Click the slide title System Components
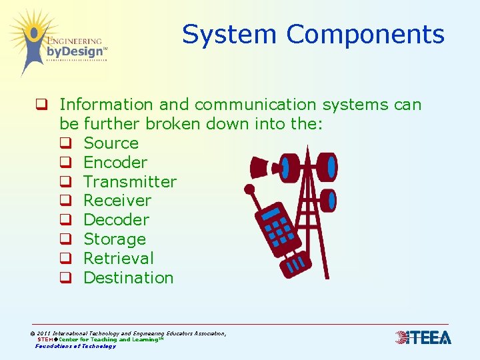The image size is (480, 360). [313, 34]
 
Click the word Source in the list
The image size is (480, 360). [111, 143]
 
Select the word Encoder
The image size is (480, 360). [115, 163]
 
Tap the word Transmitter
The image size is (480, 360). [130, 182]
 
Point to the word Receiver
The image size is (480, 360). [117, 201]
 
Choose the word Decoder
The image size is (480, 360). [116, 220]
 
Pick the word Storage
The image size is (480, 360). [115, 239]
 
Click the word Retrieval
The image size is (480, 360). [118, 259]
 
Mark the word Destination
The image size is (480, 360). [128, 278]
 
